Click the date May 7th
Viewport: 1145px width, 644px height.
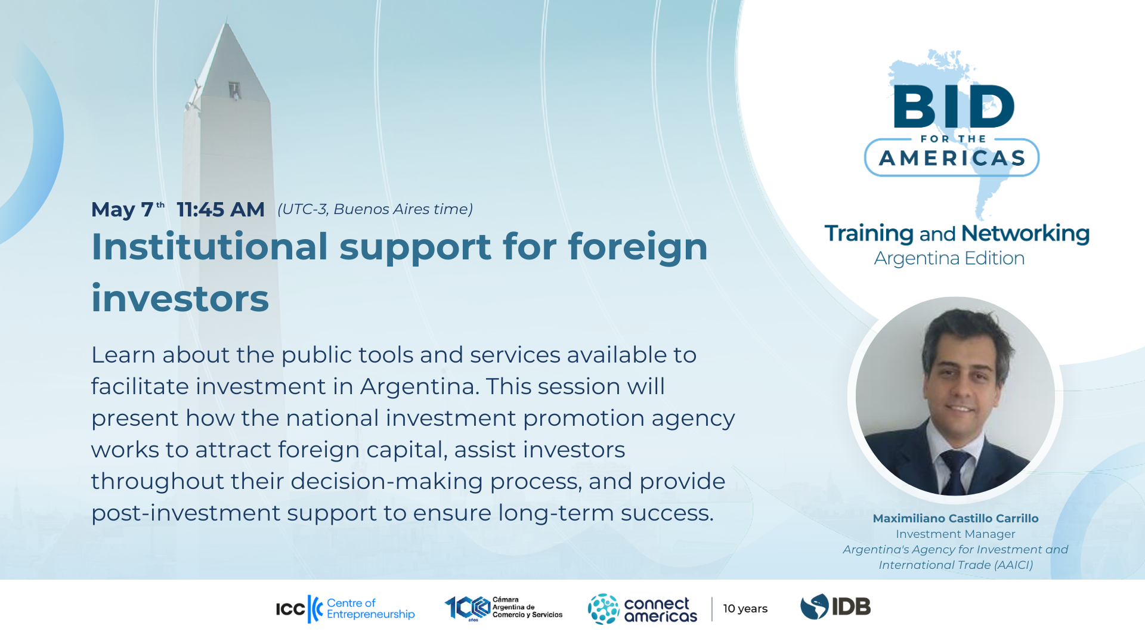coord(126,210)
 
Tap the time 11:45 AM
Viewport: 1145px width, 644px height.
coord(221,210)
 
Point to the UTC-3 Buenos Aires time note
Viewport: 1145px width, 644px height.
coord(375,209)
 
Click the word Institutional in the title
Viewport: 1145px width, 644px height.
coord(209,247)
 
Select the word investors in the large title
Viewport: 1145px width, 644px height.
coord(180,298)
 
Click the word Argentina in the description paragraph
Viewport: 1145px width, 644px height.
coord(417,386)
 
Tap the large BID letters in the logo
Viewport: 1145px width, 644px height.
coord(953,106)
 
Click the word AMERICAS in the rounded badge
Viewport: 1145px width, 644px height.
coord(952,158)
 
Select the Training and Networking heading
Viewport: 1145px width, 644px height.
coord(957,233)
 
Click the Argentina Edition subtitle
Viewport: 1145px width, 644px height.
coord(949,258)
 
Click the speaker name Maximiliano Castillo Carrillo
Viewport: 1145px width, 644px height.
coord(955,519)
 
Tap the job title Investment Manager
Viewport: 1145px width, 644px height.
coord(955,534)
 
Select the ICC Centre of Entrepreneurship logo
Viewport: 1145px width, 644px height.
coord(345,609)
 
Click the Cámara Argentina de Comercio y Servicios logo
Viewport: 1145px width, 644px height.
coord(503,608)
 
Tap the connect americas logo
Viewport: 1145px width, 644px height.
coord(642,609)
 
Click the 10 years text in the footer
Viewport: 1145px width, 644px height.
coord(745,609)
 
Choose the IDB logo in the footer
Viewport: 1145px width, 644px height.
coord(835,607)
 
